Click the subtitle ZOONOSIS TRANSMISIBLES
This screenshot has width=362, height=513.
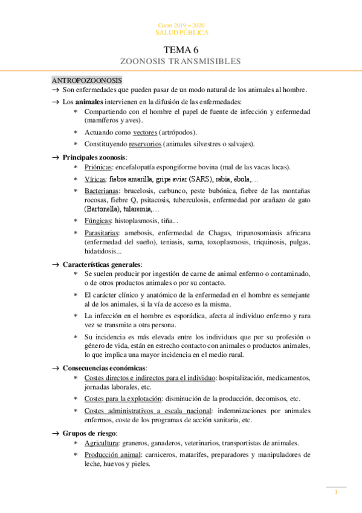[181, 61]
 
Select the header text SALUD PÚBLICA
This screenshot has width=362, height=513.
[182, 32]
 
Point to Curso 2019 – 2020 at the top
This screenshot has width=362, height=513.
[182, 25]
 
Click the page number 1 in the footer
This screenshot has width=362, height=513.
[337, 492]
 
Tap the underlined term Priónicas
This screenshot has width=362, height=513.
[98, 166]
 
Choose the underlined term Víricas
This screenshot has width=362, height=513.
[95, 179]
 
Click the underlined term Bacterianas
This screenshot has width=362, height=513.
[103, 191]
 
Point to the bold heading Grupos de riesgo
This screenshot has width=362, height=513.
[90, 433]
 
